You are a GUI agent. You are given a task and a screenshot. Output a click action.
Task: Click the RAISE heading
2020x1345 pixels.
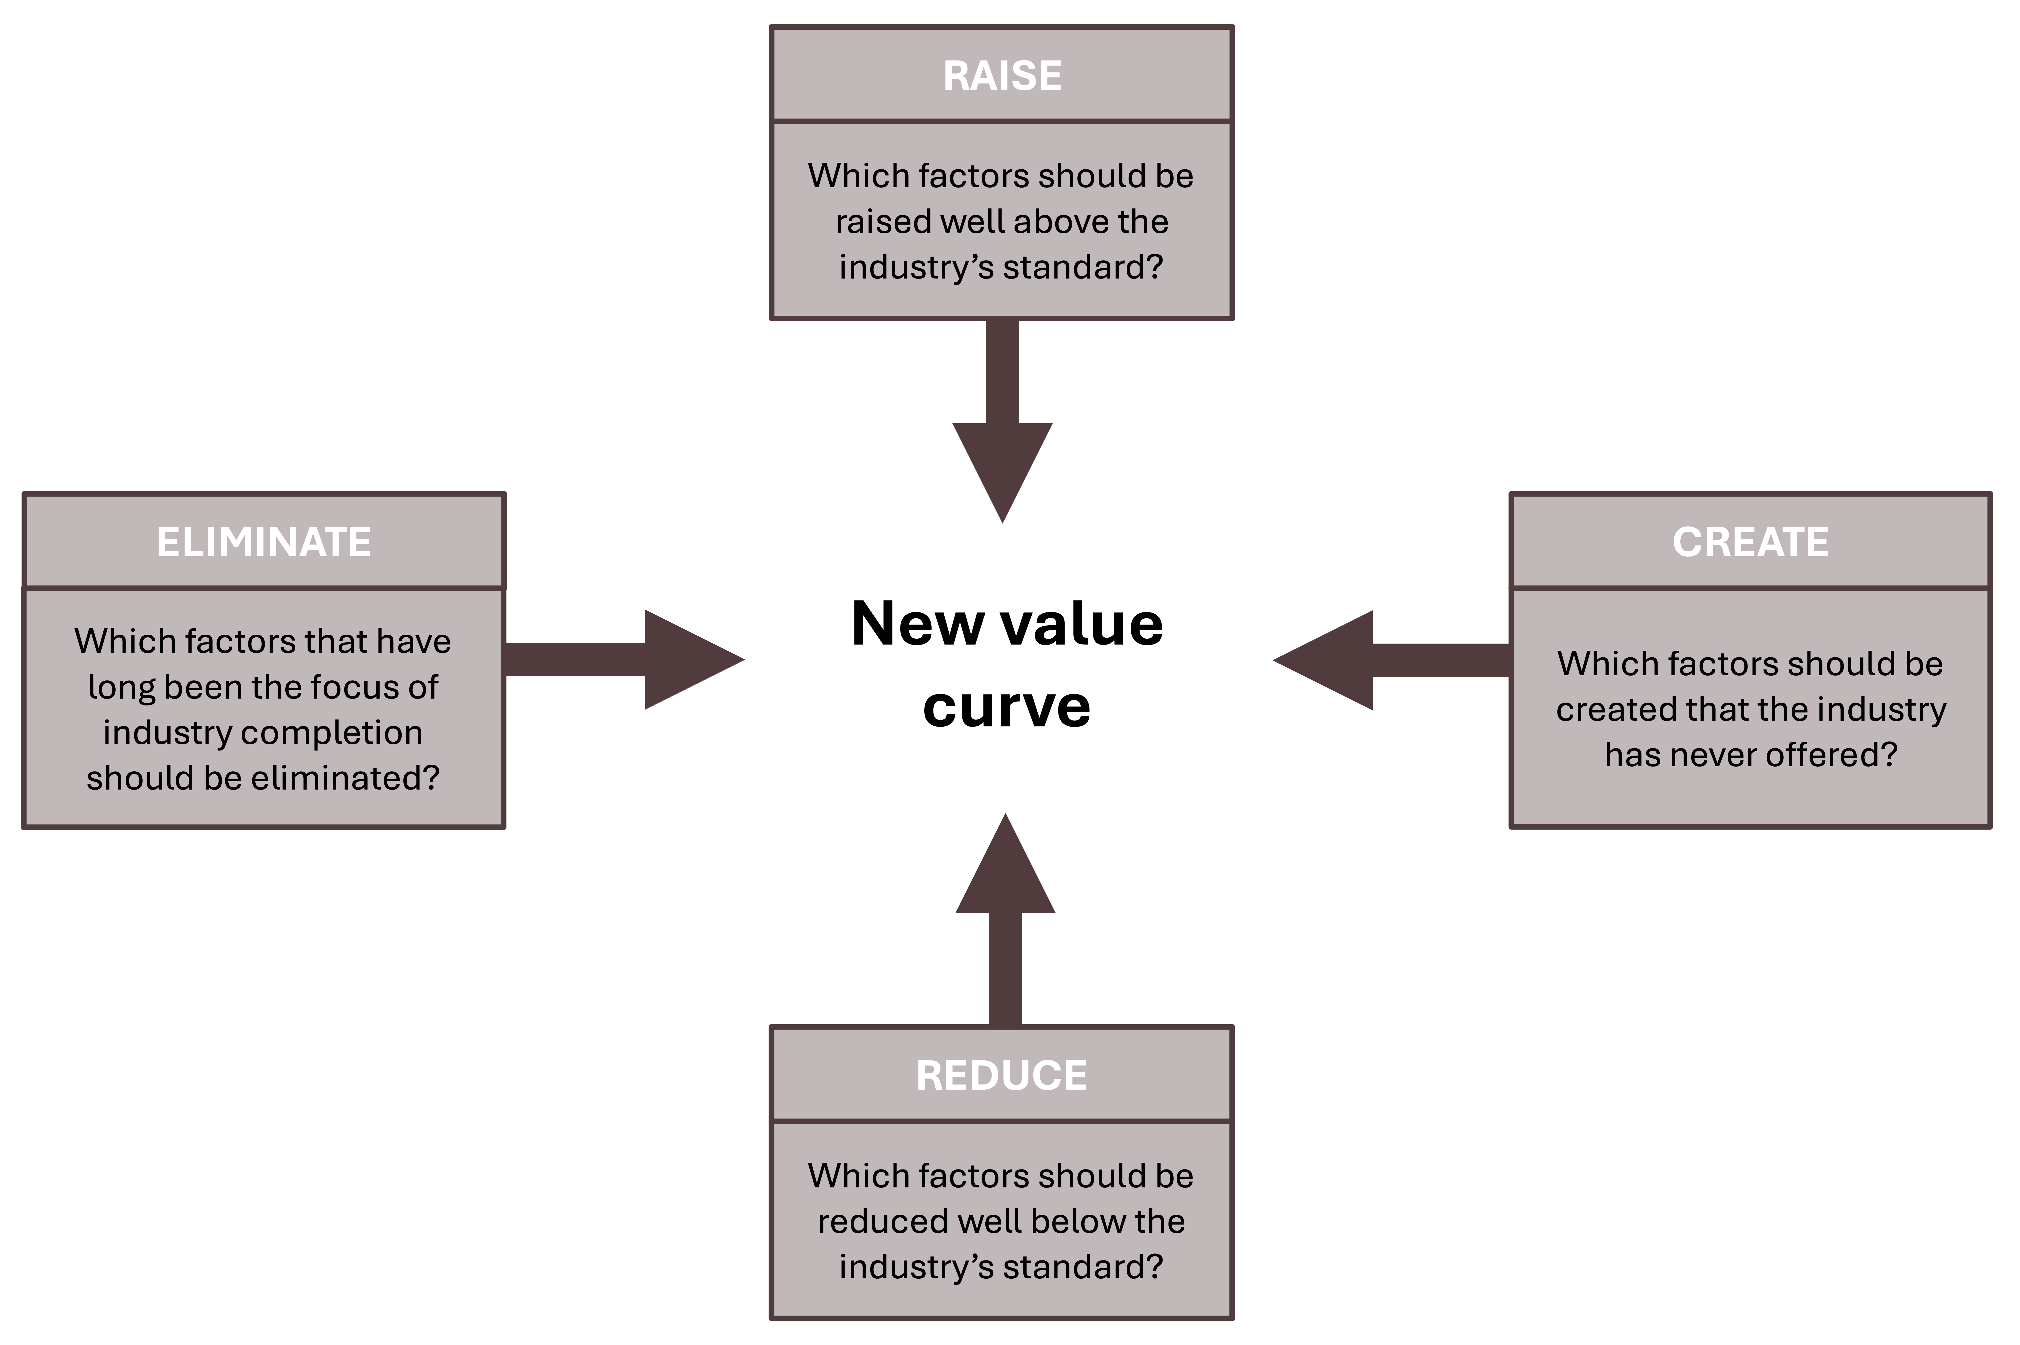tap(1001, 75)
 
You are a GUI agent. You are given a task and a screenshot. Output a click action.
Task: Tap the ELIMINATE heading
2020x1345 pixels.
tap(263, 542)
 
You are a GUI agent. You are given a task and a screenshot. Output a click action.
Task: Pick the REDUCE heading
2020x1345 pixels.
tap(1001, 1076)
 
